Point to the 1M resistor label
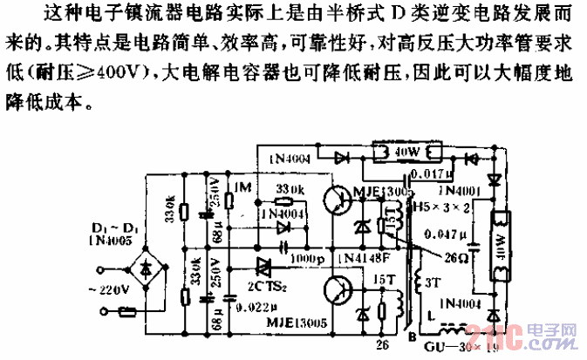click(244, 187)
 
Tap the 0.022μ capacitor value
click(249, 306)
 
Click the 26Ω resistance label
click(454, 258)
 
